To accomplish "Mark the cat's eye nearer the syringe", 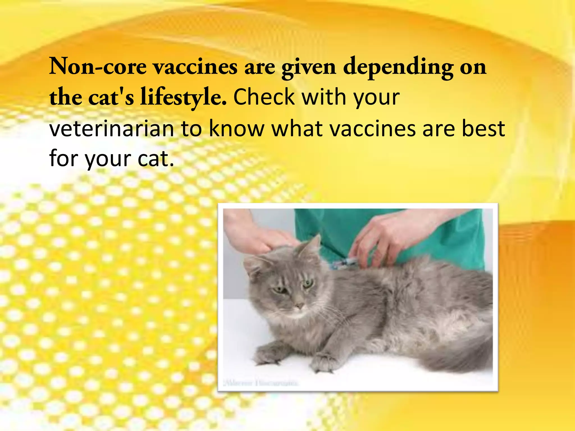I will coord(308,283).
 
